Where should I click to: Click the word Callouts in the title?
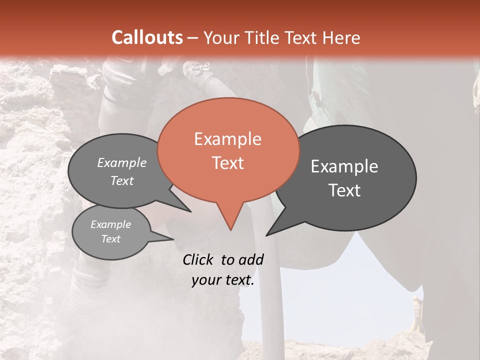[147, 37]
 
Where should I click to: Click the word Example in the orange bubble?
[227, 139]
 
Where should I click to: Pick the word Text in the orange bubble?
[227, 163]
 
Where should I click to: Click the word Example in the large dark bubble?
[344, 166]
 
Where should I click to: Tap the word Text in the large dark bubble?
[344, 190]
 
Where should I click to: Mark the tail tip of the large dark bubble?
[266, 235]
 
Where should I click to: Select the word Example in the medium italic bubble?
[122, 162]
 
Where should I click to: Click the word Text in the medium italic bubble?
[122, 180]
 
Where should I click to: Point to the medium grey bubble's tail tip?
[190, 211]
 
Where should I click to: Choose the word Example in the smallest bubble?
[111, 224]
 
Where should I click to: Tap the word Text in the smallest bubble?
[111, 239]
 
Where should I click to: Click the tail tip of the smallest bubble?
[173, 239]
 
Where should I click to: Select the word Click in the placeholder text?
[199, 259]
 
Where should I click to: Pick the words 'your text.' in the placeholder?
[223, 280]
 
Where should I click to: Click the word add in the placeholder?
[251, 259]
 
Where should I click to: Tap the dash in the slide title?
[193, 38]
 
